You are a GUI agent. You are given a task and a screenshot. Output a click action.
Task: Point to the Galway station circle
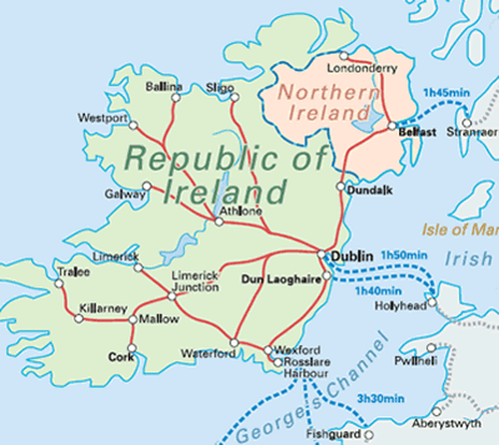tap(148, 185)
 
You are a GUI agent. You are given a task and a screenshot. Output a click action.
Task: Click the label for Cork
tap(121, 354)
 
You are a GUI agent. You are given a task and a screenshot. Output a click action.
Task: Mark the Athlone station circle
tap(220, 222)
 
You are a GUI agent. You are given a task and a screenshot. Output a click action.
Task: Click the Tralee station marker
tap(60, 282)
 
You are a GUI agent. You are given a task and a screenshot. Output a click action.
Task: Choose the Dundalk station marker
tap(341, 187)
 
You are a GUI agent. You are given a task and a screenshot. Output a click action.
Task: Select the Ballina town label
tap(164, 87)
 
